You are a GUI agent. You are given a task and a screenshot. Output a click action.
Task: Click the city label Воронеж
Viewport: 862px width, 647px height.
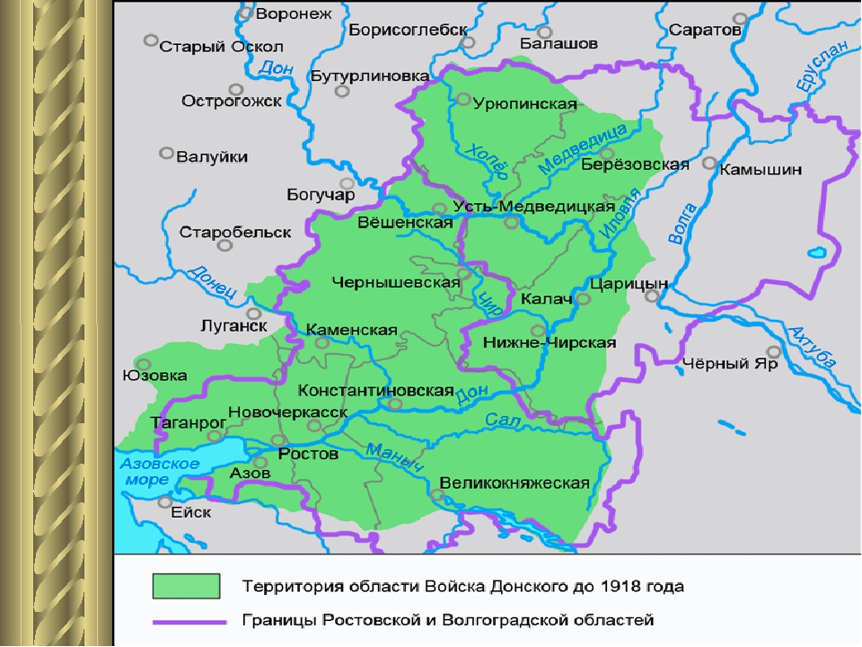(x=294, y=13)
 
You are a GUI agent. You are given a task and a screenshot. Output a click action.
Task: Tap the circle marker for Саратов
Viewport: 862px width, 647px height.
(x=739, y=18)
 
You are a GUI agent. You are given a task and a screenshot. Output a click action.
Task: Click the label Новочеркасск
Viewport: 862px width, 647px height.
(x=288, y=411)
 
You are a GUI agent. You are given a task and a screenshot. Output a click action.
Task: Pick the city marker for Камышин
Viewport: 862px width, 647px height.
(x=709, y=164)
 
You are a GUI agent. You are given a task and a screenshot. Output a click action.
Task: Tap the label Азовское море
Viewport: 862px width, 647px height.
(x=159, y=471)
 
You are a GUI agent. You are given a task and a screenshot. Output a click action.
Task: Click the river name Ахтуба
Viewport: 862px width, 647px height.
(x=814, y=346)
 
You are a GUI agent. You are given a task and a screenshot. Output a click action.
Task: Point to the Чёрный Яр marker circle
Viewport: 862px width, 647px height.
(x=773, y=352)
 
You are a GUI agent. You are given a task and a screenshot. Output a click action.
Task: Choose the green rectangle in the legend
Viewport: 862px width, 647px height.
(x=186, y=587)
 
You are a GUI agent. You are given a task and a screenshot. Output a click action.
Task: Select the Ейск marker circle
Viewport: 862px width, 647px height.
(x=164, y=501)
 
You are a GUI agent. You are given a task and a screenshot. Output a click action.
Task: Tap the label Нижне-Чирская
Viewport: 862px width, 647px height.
(x=549, y=342)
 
